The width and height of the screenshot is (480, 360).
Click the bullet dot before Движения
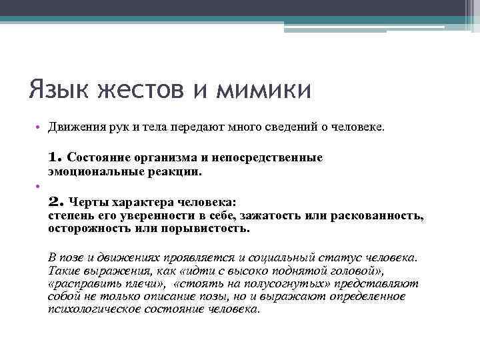click(39, 127)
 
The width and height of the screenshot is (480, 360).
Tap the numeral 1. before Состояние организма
click(55, 158)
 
